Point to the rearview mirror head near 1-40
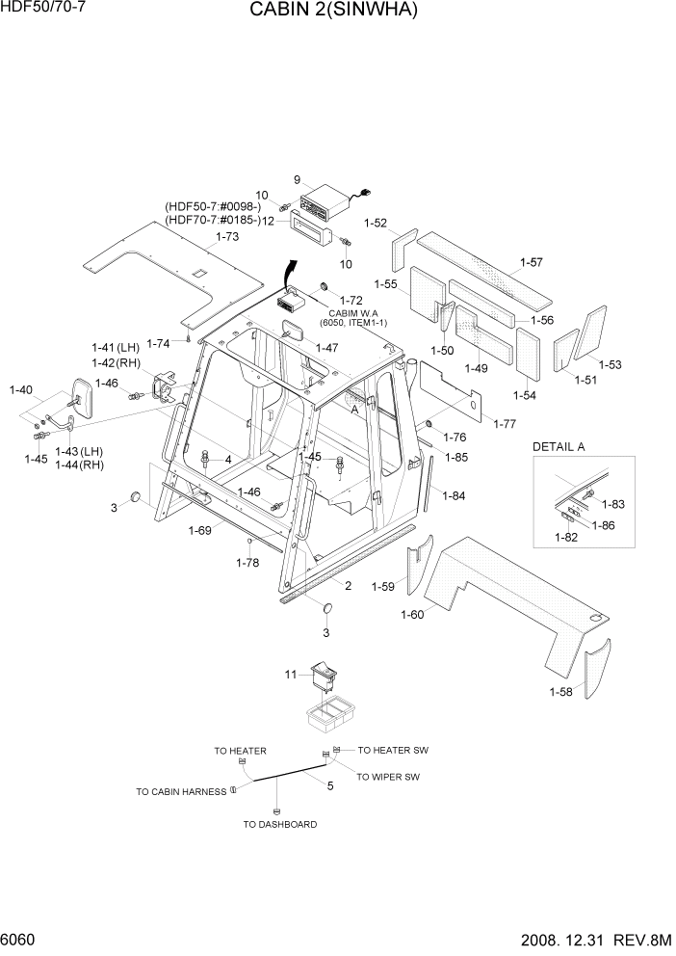[x=83, y=399]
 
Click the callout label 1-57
[x=531, y=262]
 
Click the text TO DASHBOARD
[x=279, y=824]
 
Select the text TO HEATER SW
[x=392, y=750]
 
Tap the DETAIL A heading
[x=559, y=447]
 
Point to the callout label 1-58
[x=561, y=692]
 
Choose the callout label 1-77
[x=504, y=423]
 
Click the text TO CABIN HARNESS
[x=181, y=791]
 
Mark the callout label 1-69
[x=200, y=530]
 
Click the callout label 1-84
[x=454, y=495]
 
